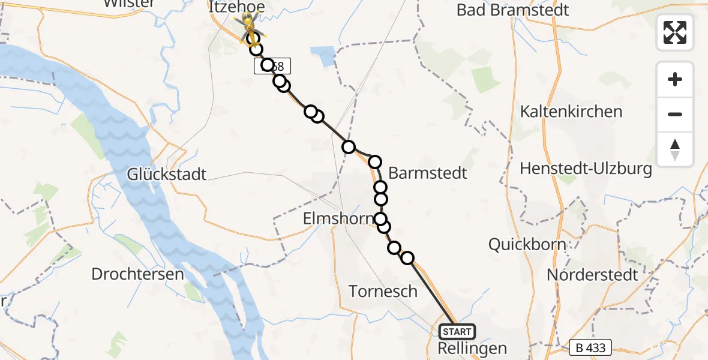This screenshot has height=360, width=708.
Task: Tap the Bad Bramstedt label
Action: tap(512, 10)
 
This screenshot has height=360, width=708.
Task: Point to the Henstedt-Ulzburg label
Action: tap(586, 169)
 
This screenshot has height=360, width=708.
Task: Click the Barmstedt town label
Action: tap(428, 173)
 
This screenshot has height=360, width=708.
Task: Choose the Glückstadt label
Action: tap(167, 175)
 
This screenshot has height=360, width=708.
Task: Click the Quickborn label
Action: tap(527, 244)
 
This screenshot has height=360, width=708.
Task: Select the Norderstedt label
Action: tap(592, 275)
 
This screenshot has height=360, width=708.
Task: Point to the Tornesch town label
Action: tap(383, 292)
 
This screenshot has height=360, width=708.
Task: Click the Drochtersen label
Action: tap(137, 274)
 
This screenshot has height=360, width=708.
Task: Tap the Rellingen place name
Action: tap(472, 348)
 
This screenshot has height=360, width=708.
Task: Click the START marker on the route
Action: tap(457, 331)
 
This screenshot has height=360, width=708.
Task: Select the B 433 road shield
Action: tap(590, 347)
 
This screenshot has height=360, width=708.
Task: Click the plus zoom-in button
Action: tap(675, 80)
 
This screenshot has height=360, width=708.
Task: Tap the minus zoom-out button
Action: tap(675, 114)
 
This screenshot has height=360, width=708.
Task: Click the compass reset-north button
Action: tap(675, 149)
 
